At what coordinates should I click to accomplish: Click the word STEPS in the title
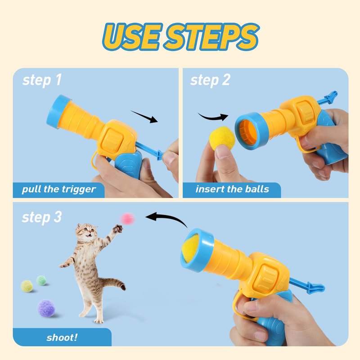(212, 37)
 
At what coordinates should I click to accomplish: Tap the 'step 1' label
(42, 81)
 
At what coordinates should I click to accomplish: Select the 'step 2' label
(210, 81)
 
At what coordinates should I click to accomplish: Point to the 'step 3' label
(42, 217)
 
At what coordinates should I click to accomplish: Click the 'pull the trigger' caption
(59, 189)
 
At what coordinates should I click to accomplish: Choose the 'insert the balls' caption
(232, 189)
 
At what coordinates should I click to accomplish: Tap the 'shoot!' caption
(62, 337)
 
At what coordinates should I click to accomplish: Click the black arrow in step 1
(144, 117)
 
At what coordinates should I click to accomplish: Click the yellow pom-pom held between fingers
(222, 138)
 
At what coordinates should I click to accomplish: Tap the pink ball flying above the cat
(127, 219)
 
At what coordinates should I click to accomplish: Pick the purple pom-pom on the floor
(46, 308)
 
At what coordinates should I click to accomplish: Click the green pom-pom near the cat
(41, 280)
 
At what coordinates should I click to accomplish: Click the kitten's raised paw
(118, 229)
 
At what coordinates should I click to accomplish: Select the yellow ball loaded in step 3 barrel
(190, 249)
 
